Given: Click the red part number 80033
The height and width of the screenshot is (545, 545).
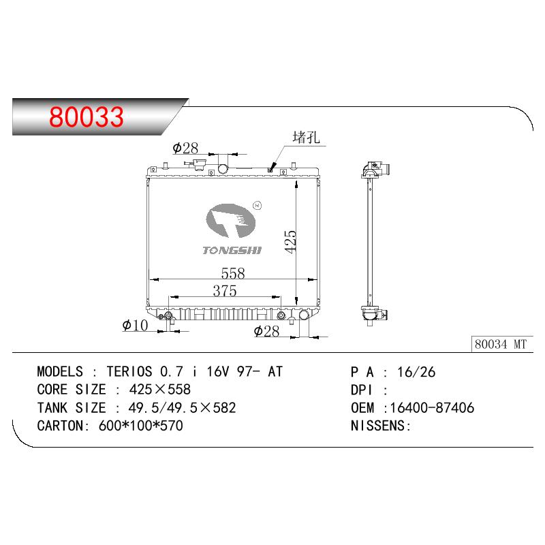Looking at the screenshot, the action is click(87, 116).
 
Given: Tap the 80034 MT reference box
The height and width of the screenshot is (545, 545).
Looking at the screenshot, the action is click(502, 344).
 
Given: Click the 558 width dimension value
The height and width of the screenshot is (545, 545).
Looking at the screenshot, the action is click(233, 273).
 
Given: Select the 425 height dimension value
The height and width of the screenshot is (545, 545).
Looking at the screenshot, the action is click(290, 242).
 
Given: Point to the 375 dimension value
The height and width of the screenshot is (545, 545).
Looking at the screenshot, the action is click(225, 291).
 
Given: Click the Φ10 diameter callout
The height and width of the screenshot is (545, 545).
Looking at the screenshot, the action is click(135, 326).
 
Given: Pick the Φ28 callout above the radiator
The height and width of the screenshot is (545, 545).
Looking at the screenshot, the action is click(185, 149).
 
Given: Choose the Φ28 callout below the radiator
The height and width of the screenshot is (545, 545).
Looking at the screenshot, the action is click(266, 331).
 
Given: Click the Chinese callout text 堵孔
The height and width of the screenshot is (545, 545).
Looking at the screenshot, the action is click(306, 138).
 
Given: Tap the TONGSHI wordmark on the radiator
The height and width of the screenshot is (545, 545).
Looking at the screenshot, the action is click(232, 250).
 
